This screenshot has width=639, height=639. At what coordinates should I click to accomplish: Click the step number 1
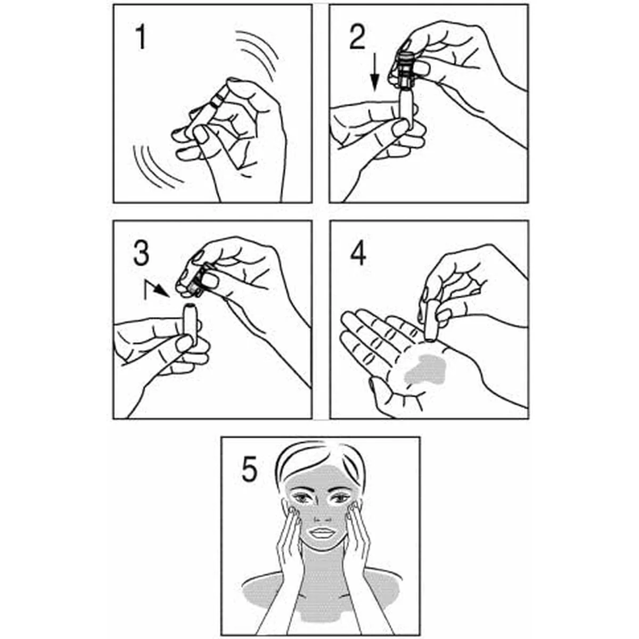pyautogui.click(x=140, y=38)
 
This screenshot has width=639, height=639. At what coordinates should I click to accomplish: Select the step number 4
pyautogui.click(x=358, y=254)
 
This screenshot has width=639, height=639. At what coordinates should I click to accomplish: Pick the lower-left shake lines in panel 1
pyautogui.click(x=154, y=165)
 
